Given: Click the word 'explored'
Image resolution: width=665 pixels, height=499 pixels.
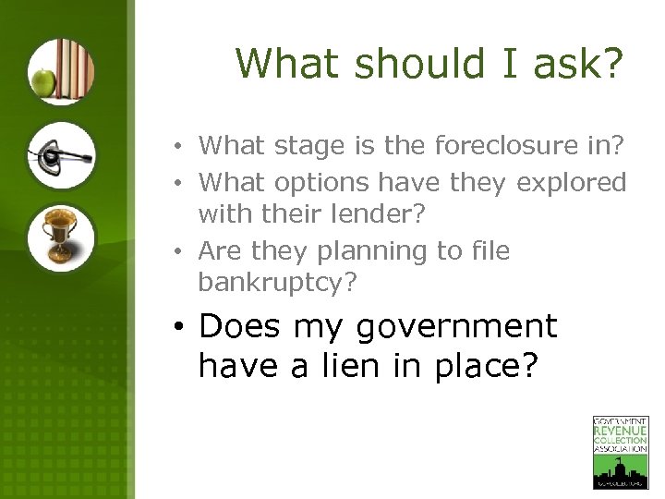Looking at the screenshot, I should point(572,183).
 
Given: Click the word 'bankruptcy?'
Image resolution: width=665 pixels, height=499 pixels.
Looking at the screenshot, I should point(277,282).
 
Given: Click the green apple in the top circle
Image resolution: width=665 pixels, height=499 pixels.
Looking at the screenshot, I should point(42,83).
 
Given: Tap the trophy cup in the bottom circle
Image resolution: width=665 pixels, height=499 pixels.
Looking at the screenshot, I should point(58,236).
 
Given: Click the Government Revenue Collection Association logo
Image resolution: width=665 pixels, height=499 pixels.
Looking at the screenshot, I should point(620,452).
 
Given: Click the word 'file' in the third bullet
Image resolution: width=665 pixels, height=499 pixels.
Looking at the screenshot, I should point(490,251).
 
